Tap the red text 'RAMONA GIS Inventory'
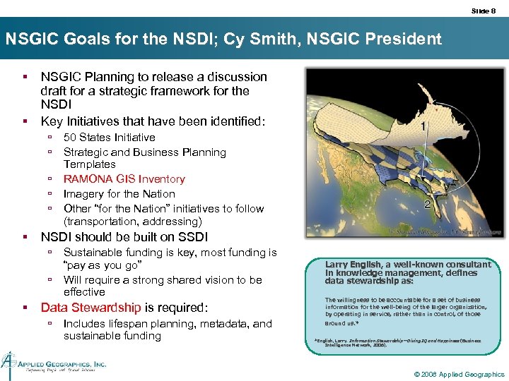tap(124, 179)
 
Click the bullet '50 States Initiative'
tap(109, 138)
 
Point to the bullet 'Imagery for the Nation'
tap(119, 194)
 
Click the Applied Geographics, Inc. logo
tap(53, 361)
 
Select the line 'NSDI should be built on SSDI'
tap(124, 237)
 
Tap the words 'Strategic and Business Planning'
tap(144, 152)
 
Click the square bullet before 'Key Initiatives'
tap(25, 122)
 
